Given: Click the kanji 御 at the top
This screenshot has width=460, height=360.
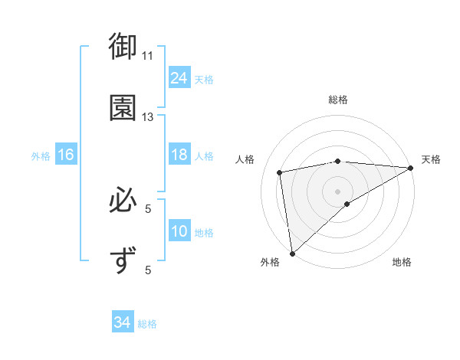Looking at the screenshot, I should point(122,47).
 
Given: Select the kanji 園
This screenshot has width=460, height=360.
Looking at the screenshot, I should point(122,108).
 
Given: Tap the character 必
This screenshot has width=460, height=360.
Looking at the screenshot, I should point(122,201).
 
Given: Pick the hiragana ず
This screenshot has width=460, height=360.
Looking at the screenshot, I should point(122,260).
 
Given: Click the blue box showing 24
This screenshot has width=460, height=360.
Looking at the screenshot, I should point(179,78).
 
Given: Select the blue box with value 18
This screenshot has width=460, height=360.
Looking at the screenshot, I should point(179,155).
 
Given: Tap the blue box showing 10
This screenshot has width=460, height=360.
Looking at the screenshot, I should point(179,232).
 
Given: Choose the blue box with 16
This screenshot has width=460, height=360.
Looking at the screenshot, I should point(66,155).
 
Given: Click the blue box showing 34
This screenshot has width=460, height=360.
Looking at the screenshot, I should point(122,323).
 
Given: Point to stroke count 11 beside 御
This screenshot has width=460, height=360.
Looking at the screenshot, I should point(148,55).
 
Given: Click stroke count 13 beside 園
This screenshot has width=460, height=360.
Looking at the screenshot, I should point(148,117).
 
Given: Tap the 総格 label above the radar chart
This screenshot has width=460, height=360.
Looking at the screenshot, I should point(338,100).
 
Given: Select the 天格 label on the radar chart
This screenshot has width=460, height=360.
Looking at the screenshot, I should point(431,159).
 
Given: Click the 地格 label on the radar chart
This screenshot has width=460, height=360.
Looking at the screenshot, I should point(402,263).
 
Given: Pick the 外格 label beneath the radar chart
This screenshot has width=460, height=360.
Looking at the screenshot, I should point(270,263).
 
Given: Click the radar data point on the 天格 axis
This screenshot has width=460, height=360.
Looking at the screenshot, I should point(411,168).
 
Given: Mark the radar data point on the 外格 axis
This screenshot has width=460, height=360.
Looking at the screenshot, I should point(292,253).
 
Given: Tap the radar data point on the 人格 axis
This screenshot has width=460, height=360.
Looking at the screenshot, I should point(281,172).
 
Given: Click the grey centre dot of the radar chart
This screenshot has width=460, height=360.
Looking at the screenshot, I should point(338,191).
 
